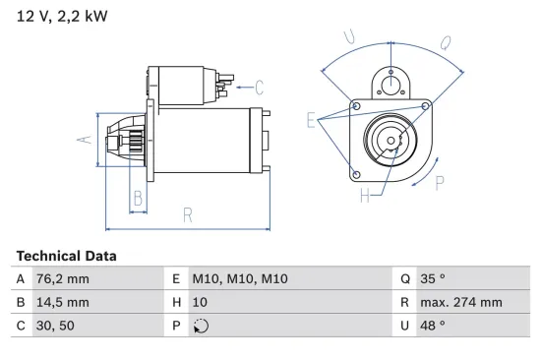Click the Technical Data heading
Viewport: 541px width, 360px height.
(x=66, y=256)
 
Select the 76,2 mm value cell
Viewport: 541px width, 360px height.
(x=64, y=278)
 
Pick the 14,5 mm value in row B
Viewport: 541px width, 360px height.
(x=64, y=303)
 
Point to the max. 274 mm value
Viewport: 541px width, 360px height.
(x=462, y=303)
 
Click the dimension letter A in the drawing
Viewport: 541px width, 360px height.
(x=85, y=140)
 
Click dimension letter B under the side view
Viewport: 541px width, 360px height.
(x=138, y=198)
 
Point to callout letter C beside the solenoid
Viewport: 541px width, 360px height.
(x=260, y=86)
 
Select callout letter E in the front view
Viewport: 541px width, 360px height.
(x=311, y=121)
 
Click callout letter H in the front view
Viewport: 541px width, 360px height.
(x=364, y=196)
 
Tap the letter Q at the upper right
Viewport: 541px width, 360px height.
(x=445, y=42)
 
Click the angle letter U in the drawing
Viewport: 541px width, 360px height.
(x=349, y=38)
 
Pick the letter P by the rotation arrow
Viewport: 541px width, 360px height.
(x=439, y=182)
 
